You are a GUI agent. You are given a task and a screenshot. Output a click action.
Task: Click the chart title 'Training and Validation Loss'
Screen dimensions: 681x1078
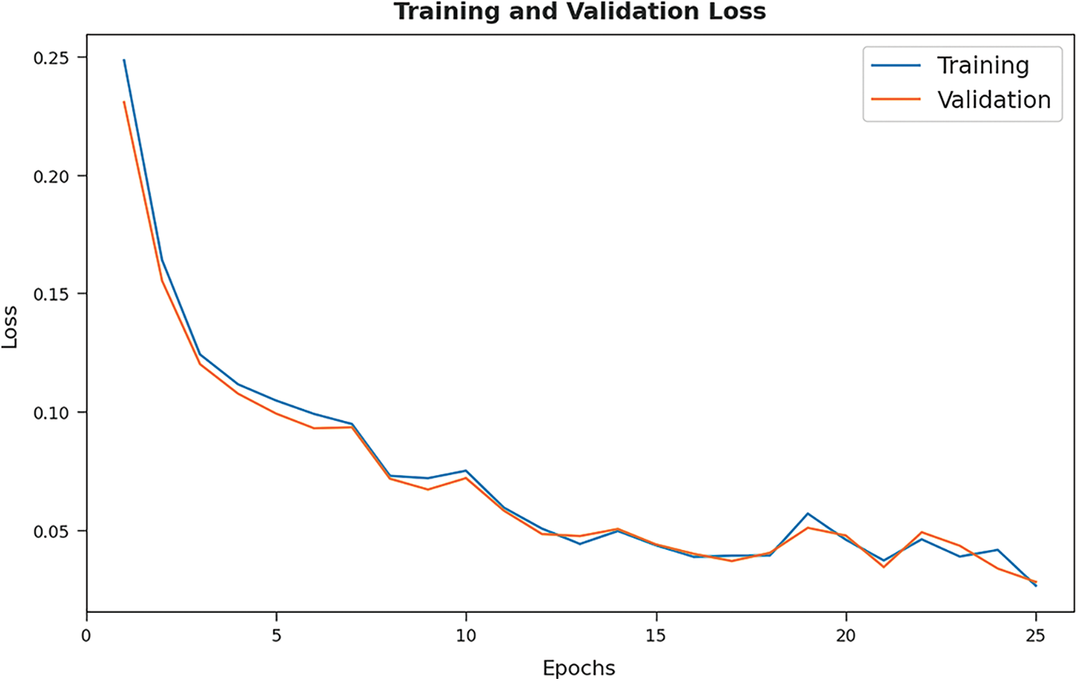pyautogui.click(x=579, y=12)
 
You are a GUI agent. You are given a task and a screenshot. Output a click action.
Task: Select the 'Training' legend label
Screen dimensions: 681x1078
pyautogui.click(x=983, y=66)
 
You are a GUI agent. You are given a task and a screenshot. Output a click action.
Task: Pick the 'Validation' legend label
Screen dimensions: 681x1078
pyautogui.click(x=993, y=100)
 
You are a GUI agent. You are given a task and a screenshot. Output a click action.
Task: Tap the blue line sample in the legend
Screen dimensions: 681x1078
pyautogui.click(x=895, y=66)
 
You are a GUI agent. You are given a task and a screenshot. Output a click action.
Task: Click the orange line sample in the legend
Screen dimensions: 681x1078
pyautogui.click(x=895, y=100)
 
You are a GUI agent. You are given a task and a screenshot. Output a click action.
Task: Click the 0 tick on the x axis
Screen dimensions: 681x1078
pyautogui.click(x=87, y=636)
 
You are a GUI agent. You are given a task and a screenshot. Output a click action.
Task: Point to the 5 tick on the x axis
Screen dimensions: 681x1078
pyautogui.click(x=276, y=636)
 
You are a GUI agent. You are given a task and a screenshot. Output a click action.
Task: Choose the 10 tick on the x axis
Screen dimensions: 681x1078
pyautogui.click(x=466, y=636)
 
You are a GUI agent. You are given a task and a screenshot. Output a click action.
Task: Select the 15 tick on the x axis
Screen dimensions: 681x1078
pyautogui.click(x=656, y=636)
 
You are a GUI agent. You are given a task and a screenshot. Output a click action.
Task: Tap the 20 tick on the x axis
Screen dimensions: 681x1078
pyautogui.click(x=846, y=636)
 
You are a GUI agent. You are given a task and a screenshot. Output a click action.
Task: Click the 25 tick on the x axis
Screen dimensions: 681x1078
pyautogui.click(x=1036, y=636)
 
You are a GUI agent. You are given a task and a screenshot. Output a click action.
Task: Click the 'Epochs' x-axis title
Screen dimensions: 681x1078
pyautogui.click(x=579, y=668)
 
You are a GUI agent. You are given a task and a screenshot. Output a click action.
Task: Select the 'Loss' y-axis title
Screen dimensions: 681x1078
pyautogui.click(x=10, y=327)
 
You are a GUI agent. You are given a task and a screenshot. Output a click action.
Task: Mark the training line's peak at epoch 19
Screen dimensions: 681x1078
pyautogui.click(x=808, y=513)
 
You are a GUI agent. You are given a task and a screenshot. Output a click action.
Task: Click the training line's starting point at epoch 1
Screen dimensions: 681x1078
pyautogui.click(x=124, y=60)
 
